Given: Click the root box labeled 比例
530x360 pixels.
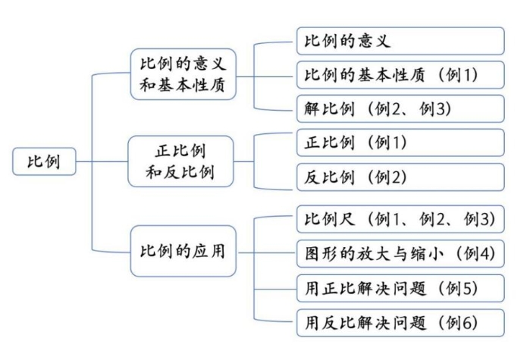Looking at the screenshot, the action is pos(44,161).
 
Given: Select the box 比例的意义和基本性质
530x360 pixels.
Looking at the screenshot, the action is pos(183,74).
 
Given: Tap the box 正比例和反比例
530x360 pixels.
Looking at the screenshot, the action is pos(180,161).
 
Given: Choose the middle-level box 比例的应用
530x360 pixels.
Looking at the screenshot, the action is pos(183,251).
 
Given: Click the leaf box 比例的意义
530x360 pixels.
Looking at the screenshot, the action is pos(400,41).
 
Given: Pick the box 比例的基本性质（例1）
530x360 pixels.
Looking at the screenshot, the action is pos(400,74).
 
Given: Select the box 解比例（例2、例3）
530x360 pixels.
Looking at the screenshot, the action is pos(400,108).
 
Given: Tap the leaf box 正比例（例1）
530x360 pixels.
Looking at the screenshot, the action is pos(400,142).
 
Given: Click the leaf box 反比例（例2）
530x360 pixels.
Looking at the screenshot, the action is pos(400,177).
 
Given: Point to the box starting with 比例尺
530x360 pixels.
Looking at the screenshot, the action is pos(400,219).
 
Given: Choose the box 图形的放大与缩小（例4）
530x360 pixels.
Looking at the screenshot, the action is pos(400,254).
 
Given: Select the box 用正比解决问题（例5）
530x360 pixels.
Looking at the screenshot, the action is pos(400,288).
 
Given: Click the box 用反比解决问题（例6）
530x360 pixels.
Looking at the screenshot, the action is pos(400,323).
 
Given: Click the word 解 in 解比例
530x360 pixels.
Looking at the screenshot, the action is pos(312,108).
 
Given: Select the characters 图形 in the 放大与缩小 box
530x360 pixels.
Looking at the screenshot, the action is pos(321,254).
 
